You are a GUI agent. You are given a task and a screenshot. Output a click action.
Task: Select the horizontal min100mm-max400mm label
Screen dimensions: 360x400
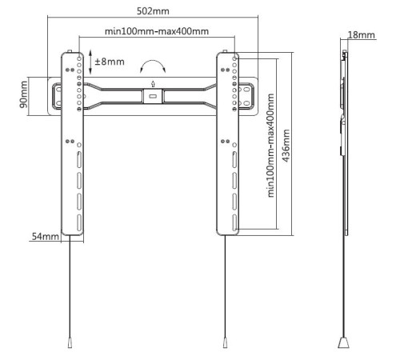coord(157,31)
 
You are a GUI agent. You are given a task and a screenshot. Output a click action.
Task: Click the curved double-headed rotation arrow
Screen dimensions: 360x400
coord(153,63)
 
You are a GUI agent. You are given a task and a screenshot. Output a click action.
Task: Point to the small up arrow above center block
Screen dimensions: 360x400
coord(153,83)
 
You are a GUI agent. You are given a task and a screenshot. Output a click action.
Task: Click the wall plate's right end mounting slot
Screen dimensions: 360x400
coord(247,96)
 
